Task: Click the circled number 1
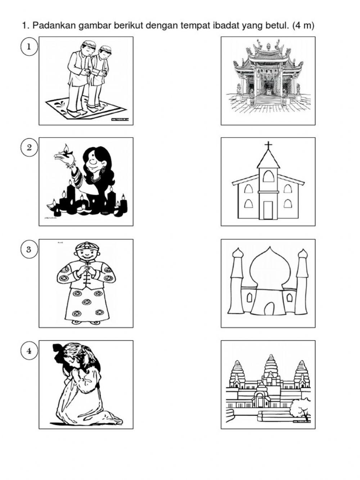pyautogui.click(x=29, y=46)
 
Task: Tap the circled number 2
pyautogui.click(x=29, y=147)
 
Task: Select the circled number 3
pyautogui.click(x=29, y=249)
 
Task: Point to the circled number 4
pyautogui.click(x=29, y=350)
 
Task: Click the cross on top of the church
pyautogui.click(x=268, y=145)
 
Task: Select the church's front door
pyautogui.click(x=268, y=210)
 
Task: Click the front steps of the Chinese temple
pyautogui.click(x=268, y=100)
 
